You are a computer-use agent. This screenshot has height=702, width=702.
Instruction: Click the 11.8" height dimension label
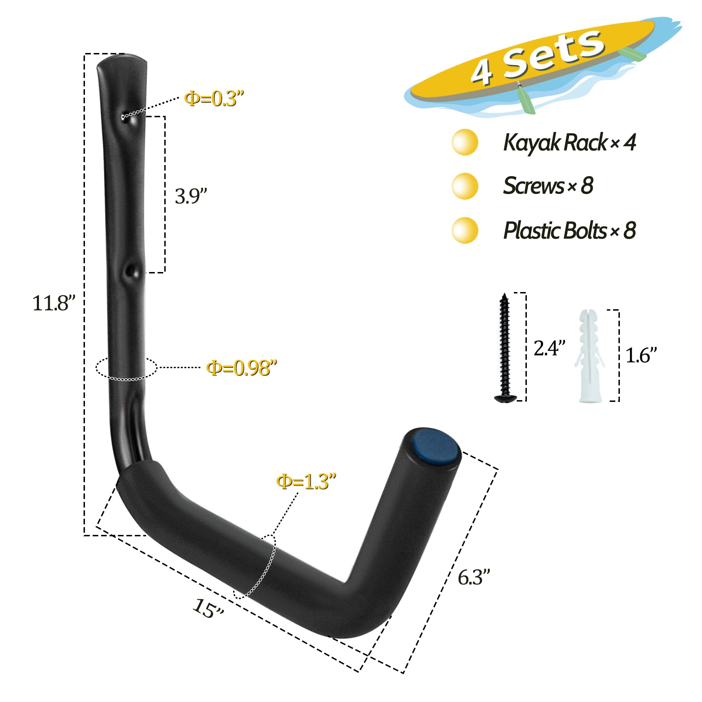(x=54, y=303)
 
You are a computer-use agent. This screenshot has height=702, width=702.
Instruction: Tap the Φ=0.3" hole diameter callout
(x=214, y=99)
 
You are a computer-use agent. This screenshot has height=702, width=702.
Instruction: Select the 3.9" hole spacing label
(x=191, y=196)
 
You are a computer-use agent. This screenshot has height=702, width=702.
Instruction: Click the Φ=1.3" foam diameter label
(x=306, y=482)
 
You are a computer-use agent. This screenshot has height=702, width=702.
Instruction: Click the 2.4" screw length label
(x=549, y=348)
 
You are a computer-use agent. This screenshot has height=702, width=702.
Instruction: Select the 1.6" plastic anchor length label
(x=641, y=355)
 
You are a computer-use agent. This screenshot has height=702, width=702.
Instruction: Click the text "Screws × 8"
(x=548, y=186)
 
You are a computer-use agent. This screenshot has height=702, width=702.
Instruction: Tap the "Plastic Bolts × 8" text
(x=569, y=230)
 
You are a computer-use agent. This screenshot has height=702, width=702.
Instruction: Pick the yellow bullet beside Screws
(x=465, y=186)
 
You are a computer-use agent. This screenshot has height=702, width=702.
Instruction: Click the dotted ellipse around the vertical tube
(x=126, y=379)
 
